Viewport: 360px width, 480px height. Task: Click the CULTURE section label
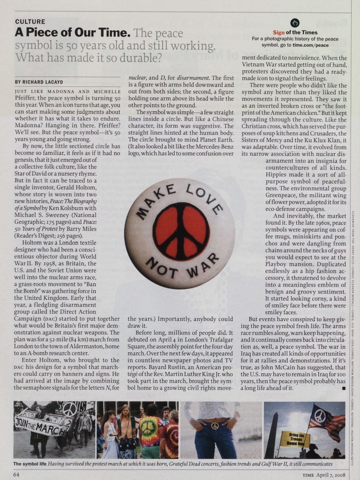tap(30, 22)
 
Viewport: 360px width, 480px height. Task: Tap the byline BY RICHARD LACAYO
tap(39, 82)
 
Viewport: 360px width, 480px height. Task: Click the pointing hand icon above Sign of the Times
tap(295, 23)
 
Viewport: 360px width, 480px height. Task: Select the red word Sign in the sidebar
tap(279, 32)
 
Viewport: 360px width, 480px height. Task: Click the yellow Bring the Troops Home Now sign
tap(294, 439)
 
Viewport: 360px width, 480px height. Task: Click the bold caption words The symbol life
tap(30, 464)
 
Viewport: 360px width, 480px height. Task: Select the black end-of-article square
tap(344, 388)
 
